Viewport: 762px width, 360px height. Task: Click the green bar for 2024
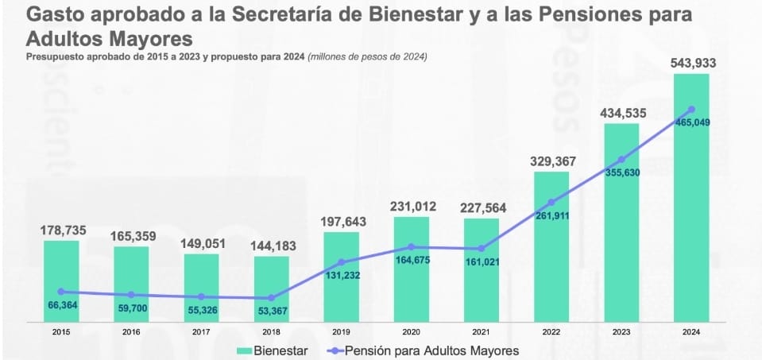coord(690,199)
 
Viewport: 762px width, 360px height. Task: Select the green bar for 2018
coord(272,289)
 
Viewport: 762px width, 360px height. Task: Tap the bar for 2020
coord(412,270)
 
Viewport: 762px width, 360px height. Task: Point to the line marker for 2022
coord(551,202)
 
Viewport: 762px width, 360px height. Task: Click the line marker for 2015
coord(61,292)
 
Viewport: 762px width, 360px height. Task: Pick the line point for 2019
coord(342,262)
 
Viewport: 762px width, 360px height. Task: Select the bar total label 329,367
coord(552,161)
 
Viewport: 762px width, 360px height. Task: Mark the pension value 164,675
coord(412,260)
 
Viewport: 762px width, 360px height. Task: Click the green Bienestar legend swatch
coord(244,350)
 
